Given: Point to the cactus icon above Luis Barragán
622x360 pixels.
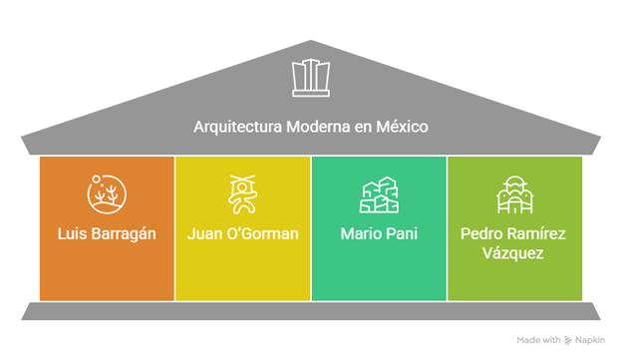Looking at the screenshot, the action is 107,194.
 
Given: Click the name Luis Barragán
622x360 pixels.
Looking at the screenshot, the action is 107,236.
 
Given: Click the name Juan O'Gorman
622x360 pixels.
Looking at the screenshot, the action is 242,236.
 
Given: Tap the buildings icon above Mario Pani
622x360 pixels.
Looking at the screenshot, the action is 379,194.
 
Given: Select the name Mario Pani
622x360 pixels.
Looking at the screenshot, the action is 379,236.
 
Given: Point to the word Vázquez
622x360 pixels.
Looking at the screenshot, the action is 514,254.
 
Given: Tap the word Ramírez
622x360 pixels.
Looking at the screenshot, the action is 537,236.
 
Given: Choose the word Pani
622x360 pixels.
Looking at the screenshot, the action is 400,236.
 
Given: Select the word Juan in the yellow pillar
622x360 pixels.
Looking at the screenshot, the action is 203,236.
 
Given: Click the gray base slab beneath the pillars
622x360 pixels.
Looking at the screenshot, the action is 310,311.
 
